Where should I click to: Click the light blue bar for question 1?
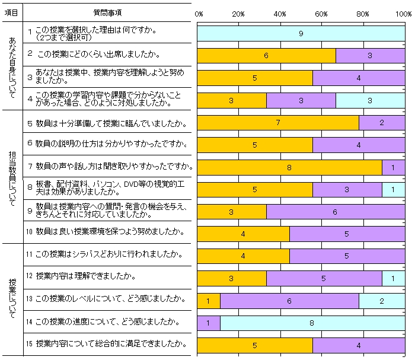coord(301,33)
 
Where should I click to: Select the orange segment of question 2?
coord(266,55)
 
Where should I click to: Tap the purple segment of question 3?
coord(358,78)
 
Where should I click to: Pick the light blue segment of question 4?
coord(370,100)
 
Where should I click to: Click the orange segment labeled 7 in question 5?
coord(277,123)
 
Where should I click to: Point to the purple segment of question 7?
coord(393,167)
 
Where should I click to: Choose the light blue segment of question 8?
coord(393,190)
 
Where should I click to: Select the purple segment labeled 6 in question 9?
coord(335,212)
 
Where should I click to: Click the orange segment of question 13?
coord(208,301)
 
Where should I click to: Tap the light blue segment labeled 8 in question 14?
coord(312,323)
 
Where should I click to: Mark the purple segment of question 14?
coord(208,323)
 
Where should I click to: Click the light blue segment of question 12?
coord(393,279)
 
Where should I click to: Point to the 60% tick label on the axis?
coord(321,12)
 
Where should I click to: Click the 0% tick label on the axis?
coord(199,12)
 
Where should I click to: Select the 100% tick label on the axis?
coord(404,12)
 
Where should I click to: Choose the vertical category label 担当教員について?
coord(11,176)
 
